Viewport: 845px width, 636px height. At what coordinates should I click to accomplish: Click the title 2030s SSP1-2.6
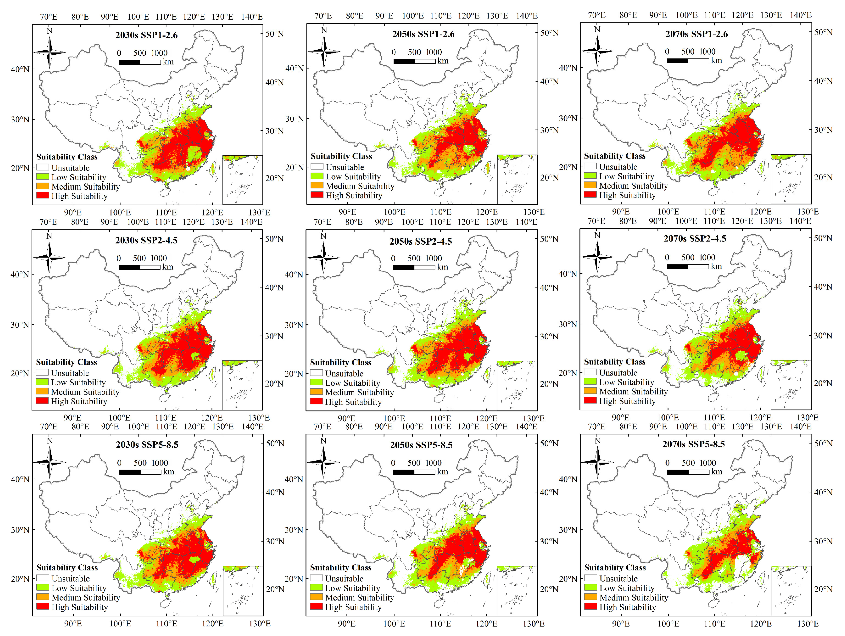pyautogui.click(x=146, y=35)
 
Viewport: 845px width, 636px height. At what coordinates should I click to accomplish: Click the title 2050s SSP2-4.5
pyautogui.click(x=421, y=241)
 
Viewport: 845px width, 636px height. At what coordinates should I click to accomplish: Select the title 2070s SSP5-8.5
pyautogui.click(x=694, y=444)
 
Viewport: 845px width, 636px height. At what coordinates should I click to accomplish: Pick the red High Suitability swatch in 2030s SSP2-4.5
pyautogui.click(x=42, y=400)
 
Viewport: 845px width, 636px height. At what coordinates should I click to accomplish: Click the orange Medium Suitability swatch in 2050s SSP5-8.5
pyautogui.click(x=316, y=597)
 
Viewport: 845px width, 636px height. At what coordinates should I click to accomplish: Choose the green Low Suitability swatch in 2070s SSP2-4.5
pyautogui.click(x=590, y=381)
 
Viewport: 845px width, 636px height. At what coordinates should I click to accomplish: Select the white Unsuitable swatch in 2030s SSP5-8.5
pyautogui.click(x=42, y=578)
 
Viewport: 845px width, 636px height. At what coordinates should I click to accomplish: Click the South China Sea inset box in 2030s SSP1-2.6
pyautogui.click(x=243, y=180)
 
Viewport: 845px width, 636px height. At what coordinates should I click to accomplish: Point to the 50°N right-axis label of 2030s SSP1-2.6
pyautogui.click(x=274, y=34)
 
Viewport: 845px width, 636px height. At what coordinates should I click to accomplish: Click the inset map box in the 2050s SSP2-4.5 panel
pyautogui.click(x=517, y=385)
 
